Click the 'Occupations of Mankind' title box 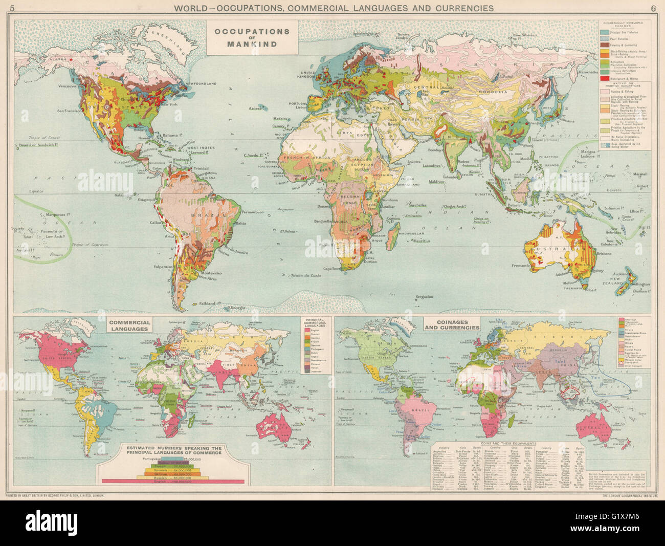252,38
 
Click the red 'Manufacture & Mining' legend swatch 604,78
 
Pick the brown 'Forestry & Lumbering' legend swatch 604,44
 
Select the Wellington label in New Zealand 640,285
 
